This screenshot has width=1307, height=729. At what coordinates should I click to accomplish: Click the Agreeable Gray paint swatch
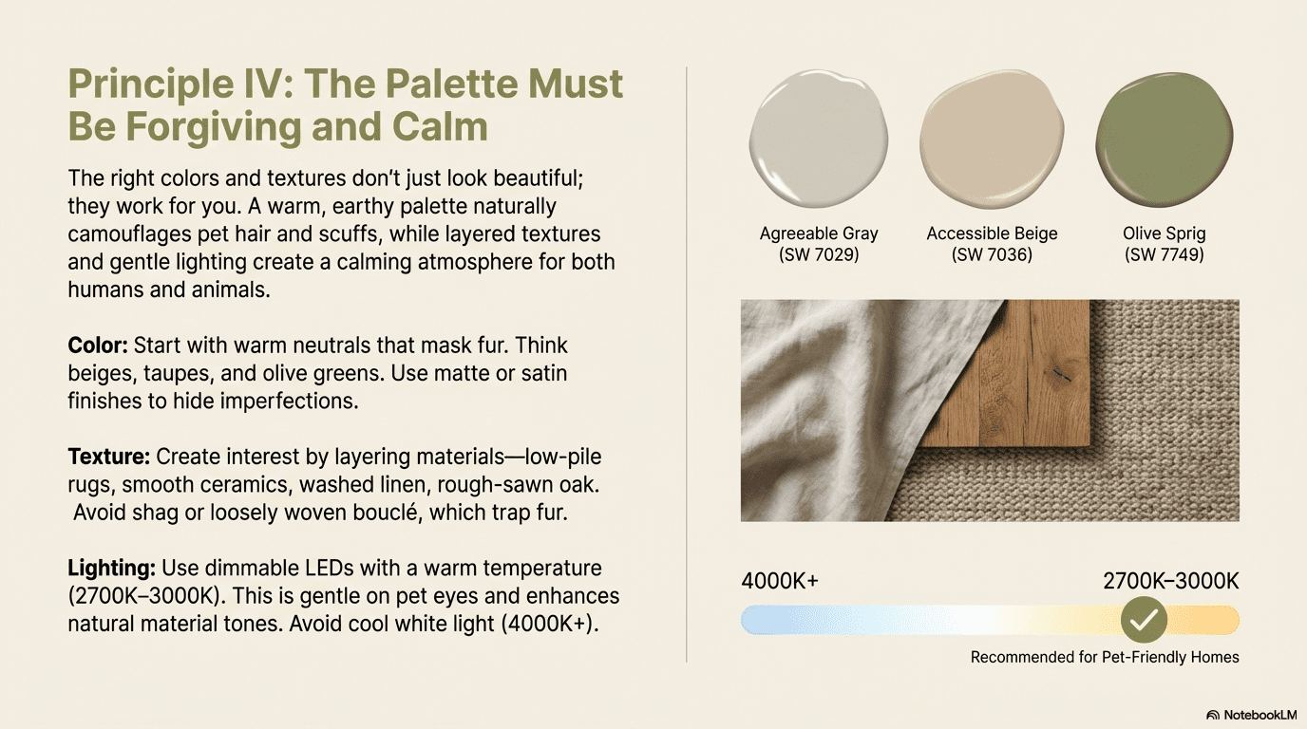point(819,139)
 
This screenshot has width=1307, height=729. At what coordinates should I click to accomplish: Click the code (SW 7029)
point(819,254)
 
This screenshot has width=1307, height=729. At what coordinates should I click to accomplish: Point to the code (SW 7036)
point(992,254)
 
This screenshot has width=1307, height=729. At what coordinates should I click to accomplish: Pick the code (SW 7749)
point(1165,254)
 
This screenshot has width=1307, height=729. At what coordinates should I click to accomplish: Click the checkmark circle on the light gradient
point(1144,619)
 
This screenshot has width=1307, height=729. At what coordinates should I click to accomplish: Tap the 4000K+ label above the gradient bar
point(780,581)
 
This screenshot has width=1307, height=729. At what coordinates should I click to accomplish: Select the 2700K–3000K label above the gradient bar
point(1170,581)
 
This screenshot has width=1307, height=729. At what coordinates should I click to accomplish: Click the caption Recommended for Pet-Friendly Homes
point(1105,657)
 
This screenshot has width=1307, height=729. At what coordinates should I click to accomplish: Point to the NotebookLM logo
point(1252,715)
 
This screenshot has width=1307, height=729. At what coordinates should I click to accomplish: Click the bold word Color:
point(98,346)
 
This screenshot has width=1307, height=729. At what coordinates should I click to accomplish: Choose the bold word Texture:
point(109,457)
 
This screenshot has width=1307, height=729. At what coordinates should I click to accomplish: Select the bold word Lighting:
point(111,568)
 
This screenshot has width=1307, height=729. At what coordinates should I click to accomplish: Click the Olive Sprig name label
point(1165,234)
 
